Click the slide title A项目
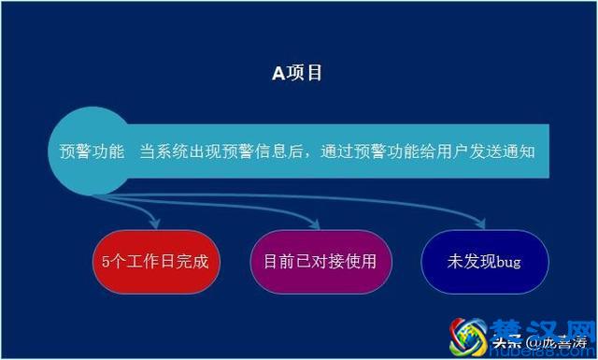click(297, 73)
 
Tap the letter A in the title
click(278, 73)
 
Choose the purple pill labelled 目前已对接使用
click(320, 262)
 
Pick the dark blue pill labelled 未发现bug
click(484, 262)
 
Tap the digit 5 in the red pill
click(106, 262)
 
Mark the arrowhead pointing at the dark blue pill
click(482, 224)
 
